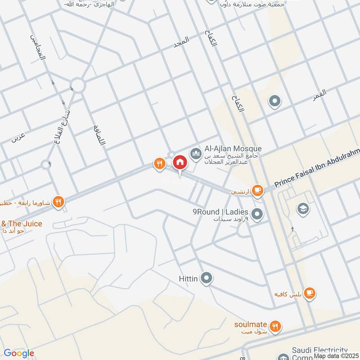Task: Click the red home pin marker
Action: tap(180, 162)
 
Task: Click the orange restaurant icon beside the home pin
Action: tap(159, 164)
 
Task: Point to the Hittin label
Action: tap(188, 279)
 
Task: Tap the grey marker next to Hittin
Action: tap(207, 279)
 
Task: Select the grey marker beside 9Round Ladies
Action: tap(257, 214)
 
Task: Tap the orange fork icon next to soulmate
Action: tap(276, 326)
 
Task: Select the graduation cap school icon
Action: tap(302, 208)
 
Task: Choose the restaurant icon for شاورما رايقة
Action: tap(58, 201)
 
